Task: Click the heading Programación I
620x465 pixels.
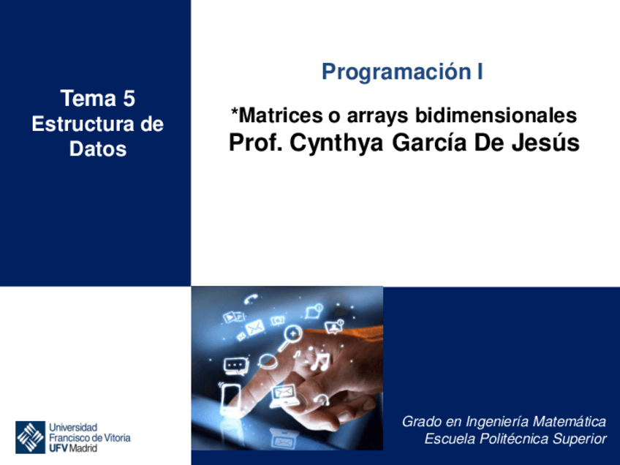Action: pos(402,72)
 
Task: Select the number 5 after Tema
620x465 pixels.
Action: pos(129,99)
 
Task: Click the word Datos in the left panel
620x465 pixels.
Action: pos(97,149)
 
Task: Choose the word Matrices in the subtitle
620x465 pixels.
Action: pos(272,116)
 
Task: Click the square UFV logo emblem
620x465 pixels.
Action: pos(30,436)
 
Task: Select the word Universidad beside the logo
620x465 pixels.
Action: pos(73,426)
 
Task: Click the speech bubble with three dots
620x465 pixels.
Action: pos(235,363)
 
